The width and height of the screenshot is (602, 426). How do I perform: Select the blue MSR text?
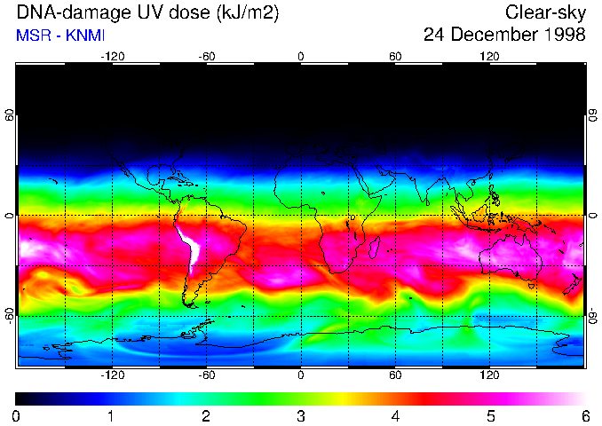point(33,35)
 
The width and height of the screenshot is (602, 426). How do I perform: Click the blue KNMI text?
point(83,35)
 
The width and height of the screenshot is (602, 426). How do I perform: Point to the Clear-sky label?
point(545,13)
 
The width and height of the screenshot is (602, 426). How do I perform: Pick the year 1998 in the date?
point(565,35)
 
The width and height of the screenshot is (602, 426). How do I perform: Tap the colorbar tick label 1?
point(111,415)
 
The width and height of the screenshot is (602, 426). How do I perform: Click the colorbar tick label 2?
point(205,415)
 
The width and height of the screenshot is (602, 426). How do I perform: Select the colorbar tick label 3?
point(300,415)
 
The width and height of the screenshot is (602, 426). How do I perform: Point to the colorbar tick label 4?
point(395,415)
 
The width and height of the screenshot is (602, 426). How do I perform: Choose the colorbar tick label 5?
point(490,415)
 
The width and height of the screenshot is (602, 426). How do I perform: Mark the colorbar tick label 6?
point(584,415)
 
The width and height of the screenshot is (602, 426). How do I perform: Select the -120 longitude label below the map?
point(112,375)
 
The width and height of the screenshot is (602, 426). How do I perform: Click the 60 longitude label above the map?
point(395,57)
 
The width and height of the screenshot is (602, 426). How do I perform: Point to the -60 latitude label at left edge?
point(9,315)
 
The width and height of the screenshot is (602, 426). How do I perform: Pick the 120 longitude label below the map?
point(490,375)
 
